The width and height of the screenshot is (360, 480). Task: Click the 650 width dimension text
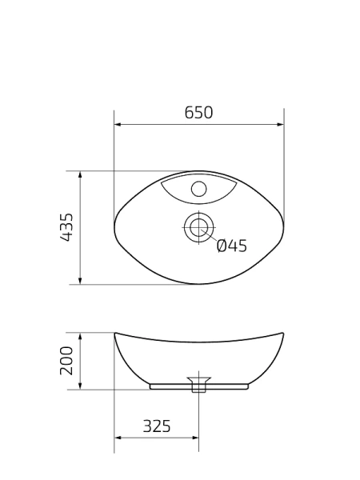[198, 113]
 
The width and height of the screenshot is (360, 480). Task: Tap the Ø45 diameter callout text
[231, 246]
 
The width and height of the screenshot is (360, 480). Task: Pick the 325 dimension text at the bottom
[157, 426]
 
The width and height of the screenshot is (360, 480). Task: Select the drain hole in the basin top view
[198, 228]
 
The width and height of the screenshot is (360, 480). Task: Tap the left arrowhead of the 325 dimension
[118, 438]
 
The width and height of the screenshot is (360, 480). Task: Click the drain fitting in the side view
[198, 384]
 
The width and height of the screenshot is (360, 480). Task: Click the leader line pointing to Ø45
[209, 238]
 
